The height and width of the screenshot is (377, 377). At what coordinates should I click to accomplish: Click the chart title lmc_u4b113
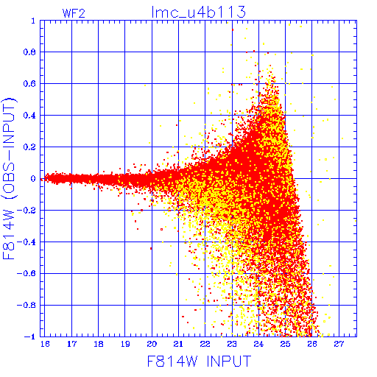[198, 13]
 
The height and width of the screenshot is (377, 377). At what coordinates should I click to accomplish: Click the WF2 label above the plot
[74, 13]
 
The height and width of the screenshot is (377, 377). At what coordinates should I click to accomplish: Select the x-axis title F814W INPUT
[199, 361]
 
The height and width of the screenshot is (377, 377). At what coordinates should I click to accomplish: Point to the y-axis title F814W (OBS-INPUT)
[9, 178]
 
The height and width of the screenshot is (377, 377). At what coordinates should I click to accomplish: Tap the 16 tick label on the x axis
[45, 344]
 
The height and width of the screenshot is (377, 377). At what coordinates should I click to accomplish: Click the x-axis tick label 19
[125, 344]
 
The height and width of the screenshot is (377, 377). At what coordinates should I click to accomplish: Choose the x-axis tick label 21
[178, 344]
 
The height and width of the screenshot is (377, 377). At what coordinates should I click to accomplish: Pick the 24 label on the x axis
[258, 344]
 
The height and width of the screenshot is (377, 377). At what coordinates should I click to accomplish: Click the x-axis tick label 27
[339, 344]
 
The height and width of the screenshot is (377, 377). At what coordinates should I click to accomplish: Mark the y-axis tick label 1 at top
[33, 21]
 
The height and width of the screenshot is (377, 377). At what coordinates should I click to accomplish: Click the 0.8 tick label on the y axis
[29, 52]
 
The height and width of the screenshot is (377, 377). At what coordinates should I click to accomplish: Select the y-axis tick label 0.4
[29, 116]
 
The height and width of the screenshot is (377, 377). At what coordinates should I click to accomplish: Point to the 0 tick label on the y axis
[33, 179]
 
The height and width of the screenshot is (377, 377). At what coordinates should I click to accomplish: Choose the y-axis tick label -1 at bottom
[30, 337]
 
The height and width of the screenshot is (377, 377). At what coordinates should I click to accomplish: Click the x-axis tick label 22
[205, 344]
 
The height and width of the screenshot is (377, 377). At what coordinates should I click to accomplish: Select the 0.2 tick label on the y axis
[29, 147]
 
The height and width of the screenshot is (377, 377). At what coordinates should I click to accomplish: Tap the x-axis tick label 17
[71, 344]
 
